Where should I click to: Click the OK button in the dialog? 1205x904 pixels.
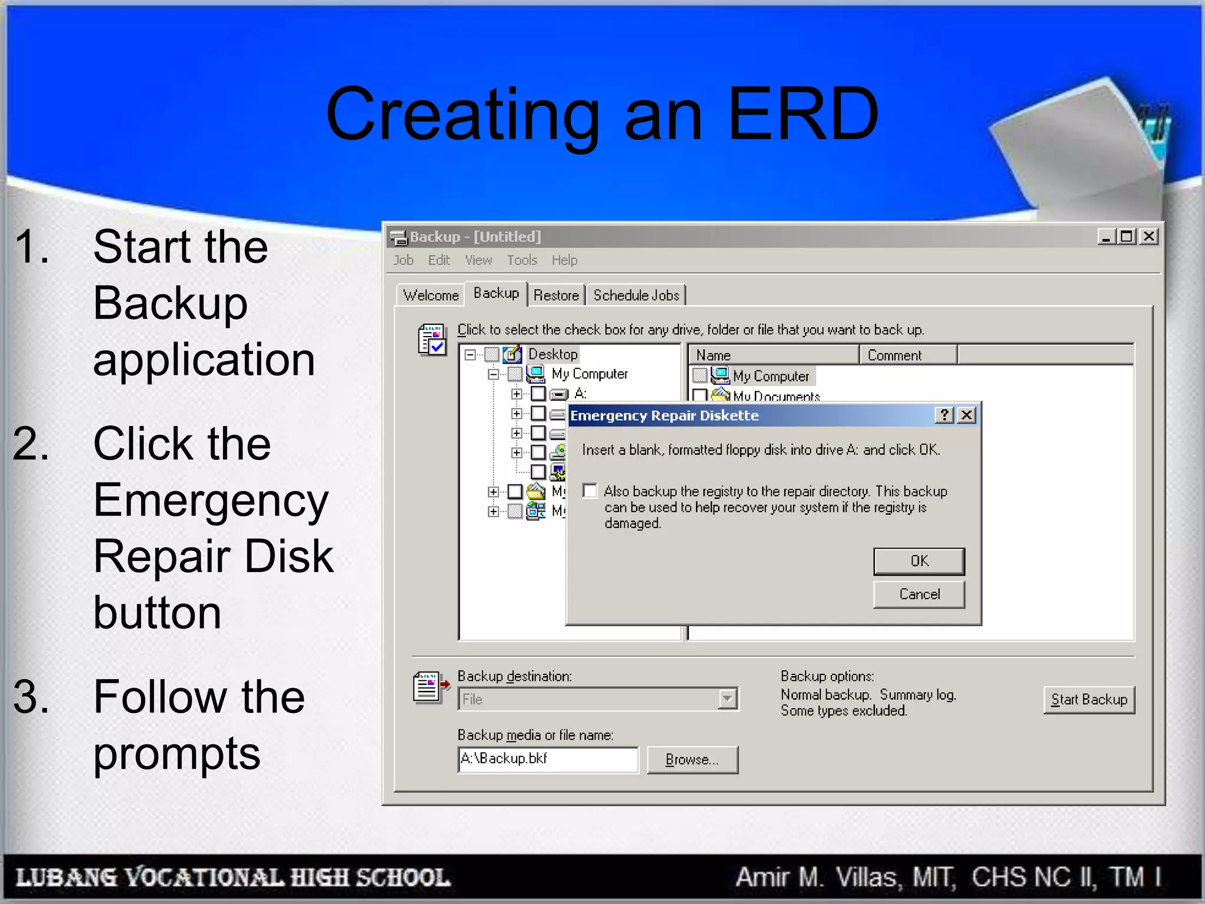(x=918, y=561)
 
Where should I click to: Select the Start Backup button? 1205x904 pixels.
(x=1089, y=700)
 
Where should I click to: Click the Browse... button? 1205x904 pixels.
(x=692, y=760)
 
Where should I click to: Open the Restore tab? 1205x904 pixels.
(x=556, y=295)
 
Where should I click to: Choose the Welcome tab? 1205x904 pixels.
(x=431, y=295)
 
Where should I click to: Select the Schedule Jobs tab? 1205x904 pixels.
(x=636, y=295)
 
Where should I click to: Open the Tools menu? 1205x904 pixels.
(x=522, y=260)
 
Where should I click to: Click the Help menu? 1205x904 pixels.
(x=564, y=260)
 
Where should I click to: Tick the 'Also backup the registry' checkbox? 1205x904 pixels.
(x=590, y=491)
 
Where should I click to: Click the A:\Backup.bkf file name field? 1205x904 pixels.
(x=547, y=759)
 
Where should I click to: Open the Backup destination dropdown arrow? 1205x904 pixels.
(x=728, y=699)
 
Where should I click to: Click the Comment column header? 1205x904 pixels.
(x=894, y=355)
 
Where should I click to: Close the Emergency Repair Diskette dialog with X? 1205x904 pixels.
(x=966, y=416)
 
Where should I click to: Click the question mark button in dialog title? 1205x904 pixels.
(x=944, y=416)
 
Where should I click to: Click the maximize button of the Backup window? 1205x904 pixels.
(x=1127, y=237)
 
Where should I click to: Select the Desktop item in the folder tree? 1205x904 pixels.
(x=552, y=354)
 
